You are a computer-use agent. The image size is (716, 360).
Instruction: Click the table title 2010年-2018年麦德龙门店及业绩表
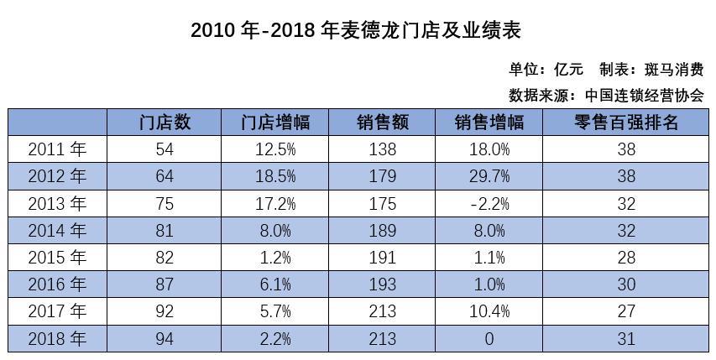357,30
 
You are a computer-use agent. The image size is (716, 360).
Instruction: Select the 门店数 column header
165,123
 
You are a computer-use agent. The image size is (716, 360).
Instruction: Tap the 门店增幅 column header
274,123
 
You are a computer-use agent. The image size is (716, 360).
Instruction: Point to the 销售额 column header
382,123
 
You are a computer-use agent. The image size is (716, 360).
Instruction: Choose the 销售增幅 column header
489,123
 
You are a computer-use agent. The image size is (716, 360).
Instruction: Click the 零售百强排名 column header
626,123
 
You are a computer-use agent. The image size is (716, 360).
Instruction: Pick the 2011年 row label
57,149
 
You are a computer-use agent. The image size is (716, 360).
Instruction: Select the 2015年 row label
57,258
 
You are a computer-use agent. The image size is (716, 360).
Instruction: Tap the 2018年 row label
57,339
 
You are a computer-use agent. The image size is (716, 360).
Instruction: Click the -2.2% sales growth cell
489,204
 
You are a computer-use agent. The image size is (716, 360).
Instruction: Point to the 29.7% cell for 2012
489,176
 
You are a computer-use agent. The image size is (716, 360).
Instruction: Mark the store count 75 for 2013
165,204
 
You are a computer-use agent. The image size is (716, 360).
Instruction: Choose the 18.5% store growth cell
274,176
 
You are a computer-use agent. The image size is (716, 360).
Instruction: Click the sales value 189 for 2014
382,231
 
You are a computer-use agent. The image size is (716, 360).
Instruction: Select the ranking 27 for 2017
626,312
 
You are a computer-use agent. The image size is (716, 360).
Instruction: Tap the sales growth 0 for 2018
489,339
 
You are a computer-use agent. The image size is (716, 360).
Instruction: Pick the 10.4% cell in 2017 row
489,312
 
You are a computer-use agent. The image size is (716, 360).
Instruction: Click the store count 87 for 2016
165,285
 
